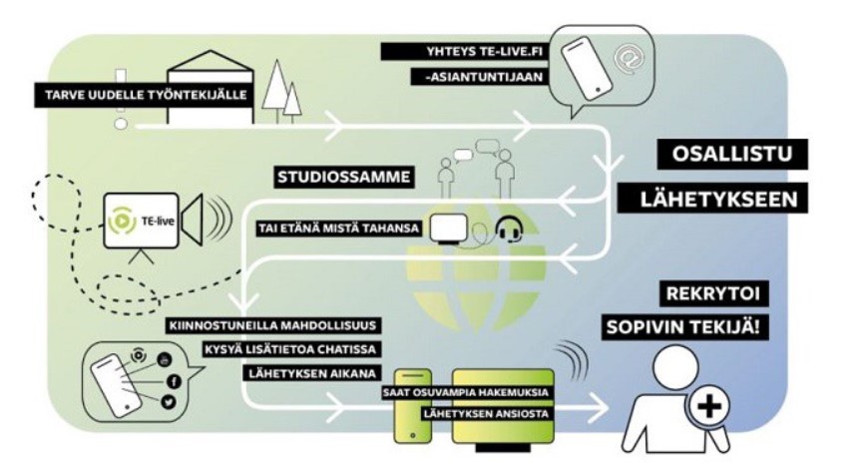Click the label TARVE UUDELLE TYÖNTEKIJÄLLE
(146, 97)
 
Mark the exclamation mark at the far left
(122, 100)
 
